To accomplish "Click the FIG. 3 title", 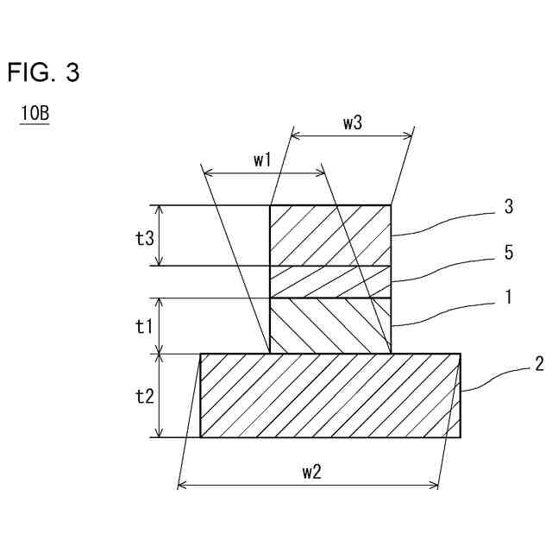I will pyautogui.click(x=43, y=73).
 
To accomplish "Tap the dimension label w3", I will pyautogui.click(x=352, y=122).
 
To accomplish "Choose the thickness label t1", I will pyautogui.click(x=145, y=326).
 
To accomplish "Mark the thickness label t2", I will pyautogui.click(x=145, y=396).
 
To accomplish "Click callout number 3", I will pyautogui.click(x=509, y=208).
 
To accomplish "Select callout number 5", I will pyautogui.click(x=509, y=253).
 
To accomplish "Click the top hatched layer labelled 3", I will pyautogui.click(x=330, y=235).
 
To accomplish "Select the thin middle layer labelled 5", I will pyautogui.click(x=330, y=281).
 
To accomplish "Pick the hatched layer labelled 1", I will pyautogui.click(x=330, y=325).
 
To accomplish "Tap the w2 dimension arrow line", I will pyautogui.click(x=259, y=486).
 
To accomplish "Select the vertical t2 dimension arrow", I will pyautogui.click(x=160, y=396).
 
